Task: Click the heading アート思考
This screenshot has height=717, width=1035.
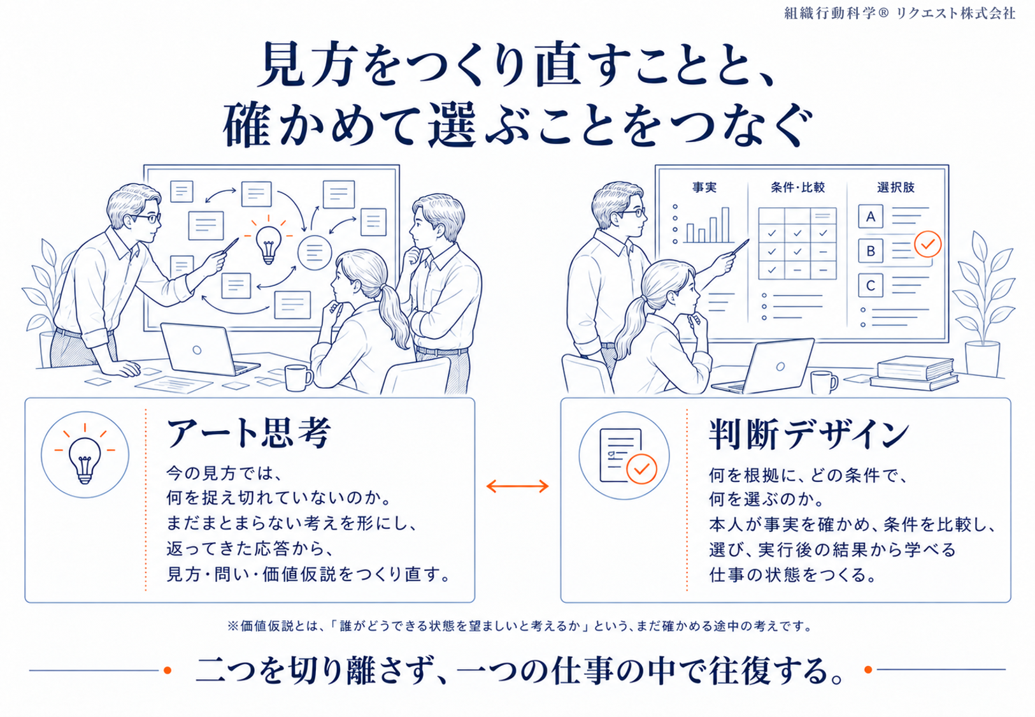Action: [x=249, y=433]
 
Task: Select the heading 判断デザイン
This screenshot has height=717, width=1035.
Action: [x=809, y=435]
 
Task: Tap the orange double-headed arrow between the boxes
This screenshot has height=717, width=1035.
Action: [x=517, y=486]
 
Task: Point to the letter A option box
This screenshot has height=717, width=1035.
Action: [x=871, y=216]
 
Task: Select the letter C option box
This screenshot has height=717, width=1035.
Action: [x=871, y=286]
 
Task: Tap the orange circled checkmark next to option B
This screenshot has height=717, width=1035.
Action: [x=928, y=244]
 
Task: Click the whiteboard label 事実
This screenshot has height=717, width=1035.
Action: [x=704, y=187]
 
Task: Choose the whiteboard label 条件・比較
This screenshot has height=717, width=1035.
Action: [x=797, y=187]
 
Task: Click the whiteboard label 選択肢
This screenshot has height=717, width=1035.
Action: [x=896, y=187]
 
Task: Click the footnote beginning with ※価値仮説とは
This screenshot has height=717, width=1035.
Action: [x=519, y=626]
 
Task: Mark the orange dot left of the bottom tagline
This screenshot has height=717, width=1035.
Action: [x=168, y=670]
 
